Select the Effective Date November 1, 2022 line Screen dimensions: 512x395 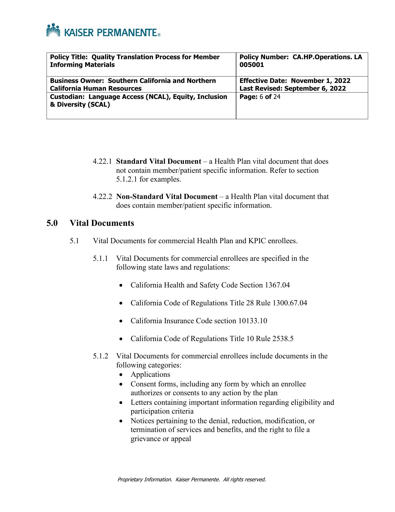pyautogui.click(x=295, y=81)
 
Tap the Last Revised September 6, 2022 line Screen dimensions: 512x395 pyautogui.click(x=293, y=89)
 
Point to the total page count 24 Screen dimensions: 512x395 pyautogui.click(x=277, y=97)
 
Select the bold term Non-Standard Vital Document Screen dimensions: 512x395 pyautogui.click(x=167, y=197)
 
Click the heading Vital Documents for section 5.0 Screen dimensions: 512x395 pyautogui.click(x=102, y=223)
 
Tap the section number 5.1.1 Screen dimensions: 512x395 pyautogui.click(x=101, y=258)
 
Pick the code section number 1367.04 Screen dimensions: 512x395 pyautogui.click(x=277, y=285)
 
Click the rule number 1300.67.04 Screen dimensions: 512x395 pyautogui.click(x=290, y=303)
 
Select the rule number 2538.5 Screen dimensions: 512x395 pyautogui.click(x=283, y=339)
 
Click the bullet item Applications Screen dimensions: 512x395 pyautogui.click(x=150, y=374)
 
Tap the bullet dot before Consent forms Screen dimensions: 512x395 pyautogui.click(x=121, y=385)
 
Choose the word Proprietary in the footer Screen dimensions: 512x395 pyautogui.click(x=130, y=479)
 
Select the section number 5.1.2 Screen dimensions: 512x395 pyautogui.click(x=101, y=356)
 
